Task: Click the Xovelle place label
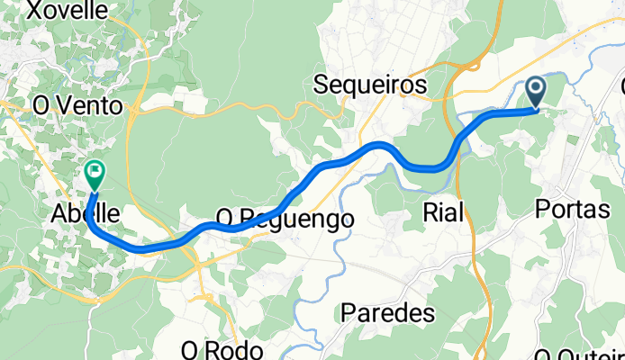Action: [x=68, y=11]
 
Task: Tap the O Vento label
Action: [x=77, y=105]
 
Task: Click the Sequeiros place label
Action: [x=370, y=85]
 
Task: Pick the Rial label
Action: [x=443, y=212]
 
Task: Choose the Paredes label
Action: [x=388, y=313]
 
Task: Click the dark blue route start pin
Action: [x=536, y=91]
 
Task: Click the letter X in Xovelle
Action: [x=37, y=11]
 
